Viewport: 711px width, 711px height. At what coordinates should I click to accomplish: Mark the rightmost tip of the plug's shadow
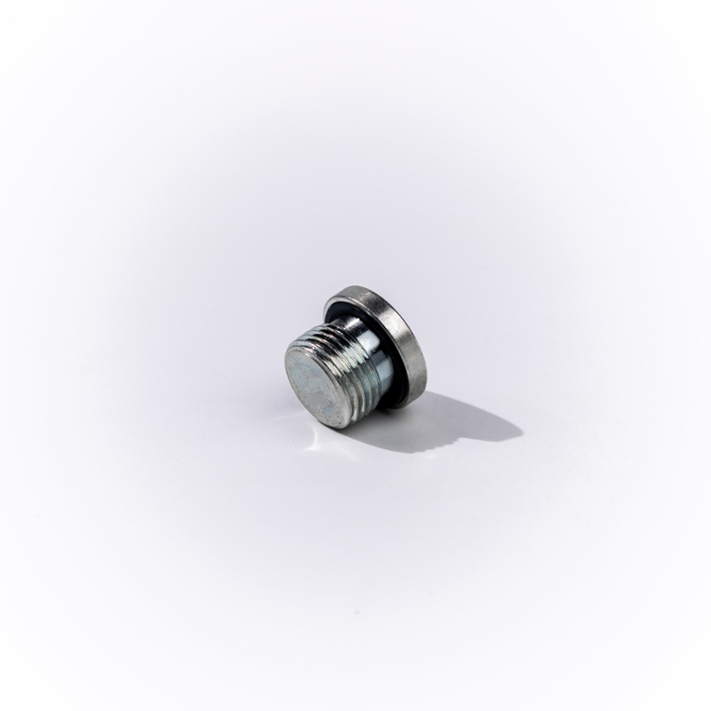point(521,435)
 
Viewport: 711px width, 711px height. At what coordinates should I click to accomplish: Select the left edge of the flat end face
point(286,375)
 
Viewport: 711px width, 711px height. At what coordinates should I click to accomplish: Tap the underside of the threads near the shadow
point(365,412)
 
